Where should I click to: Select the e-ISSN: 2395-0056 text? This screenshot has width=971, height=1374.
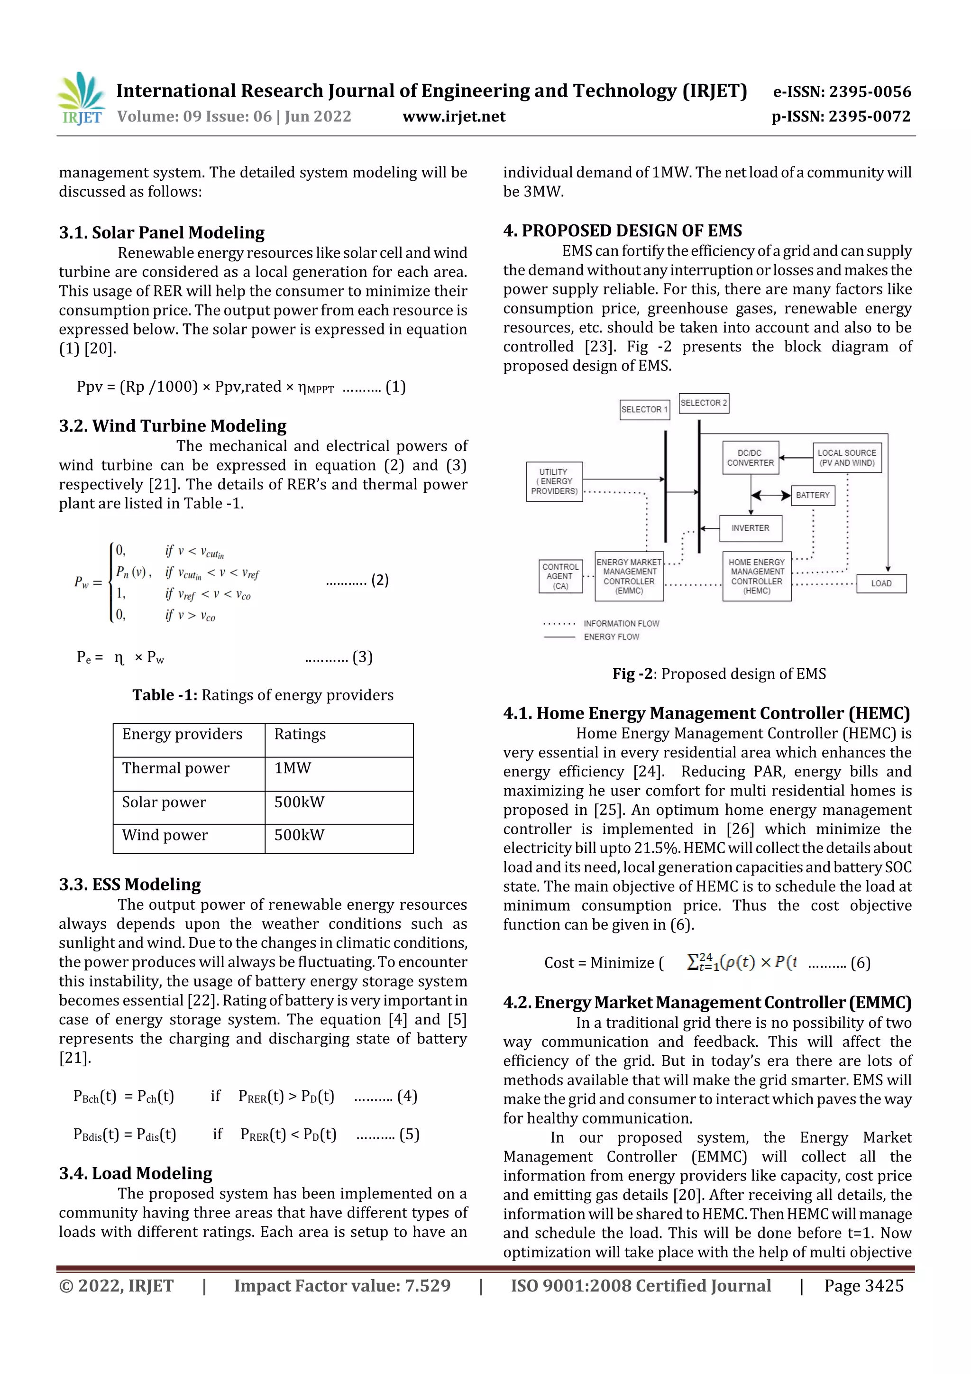pyautogui.click(x=842, y=92)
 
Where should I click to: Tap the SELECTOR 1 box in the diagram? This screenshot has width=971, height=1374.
pyautogui.click(x=644, y=409)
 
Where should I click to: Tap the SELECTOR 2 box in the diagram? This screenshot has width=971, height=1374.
pyautogui.click(x=704, y=403)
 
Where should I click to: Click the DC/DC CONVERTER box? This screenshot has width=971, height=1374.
pyautogui.click(x=750, y=458)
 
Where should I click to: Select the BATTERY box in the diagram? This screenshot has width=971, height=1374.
pyautogui.click(x=813, y=495)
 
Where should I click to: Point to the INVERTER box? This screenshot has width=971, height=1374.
pyautogui.click(x=750, y=528)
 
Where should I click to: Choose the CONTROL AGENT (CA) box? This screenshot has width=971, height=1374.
pyautogui.click(x=560, y=576)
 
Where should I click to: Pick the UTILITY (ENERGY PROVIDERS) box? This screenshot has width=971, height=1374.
pyautogui.click(x=554, y=481)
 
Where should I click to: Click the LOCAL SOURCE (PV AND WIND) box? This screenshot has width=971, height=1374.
pyautogui.click(x=847, y=458)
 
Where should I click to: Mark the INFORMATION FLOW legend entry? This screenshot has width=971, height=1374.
pyautogui.click(x=621, y=624)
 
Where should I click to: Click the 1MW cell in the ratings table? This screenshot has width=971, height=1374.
pyautogui.click(x=293, y=768)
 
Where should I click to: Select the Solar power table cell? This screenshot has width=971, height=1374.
pyautogui.click(x=164, y=802)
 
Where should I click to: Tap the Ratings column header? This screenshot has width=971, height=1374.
pyautogui.click(x=300, y=734)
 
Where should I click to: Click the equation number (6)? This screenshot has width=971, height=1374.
pyautogui.click(x=861, y=962)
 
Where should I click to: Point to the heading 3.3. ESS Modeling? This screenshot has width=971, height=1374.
pyautogui.click(x=130, y=884)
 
